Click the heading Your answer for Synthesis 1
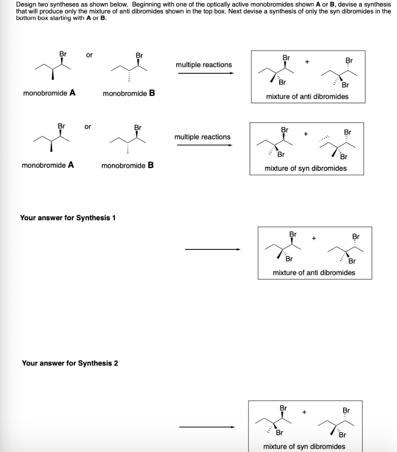point(68,218)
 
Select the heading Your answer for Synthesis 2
point(70,363)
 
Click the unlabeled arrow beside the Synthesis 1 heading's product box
point(213,250)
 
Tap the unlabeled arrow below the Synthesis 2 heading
point(207,427)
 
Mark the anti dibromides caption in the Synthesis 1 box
point(314,272)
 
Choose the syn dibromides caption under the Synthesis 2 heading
point(304,446)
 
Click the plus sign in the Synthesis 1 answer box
point(314,238)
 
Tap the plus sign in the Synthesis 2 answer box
point(304,412)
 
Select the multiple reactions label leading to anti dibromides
point(204,65)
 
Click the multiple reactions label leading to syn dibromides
point(202,137)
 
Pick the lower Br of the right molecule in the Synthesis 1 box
point(352,261)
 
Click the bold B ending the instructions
point(103,18)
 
